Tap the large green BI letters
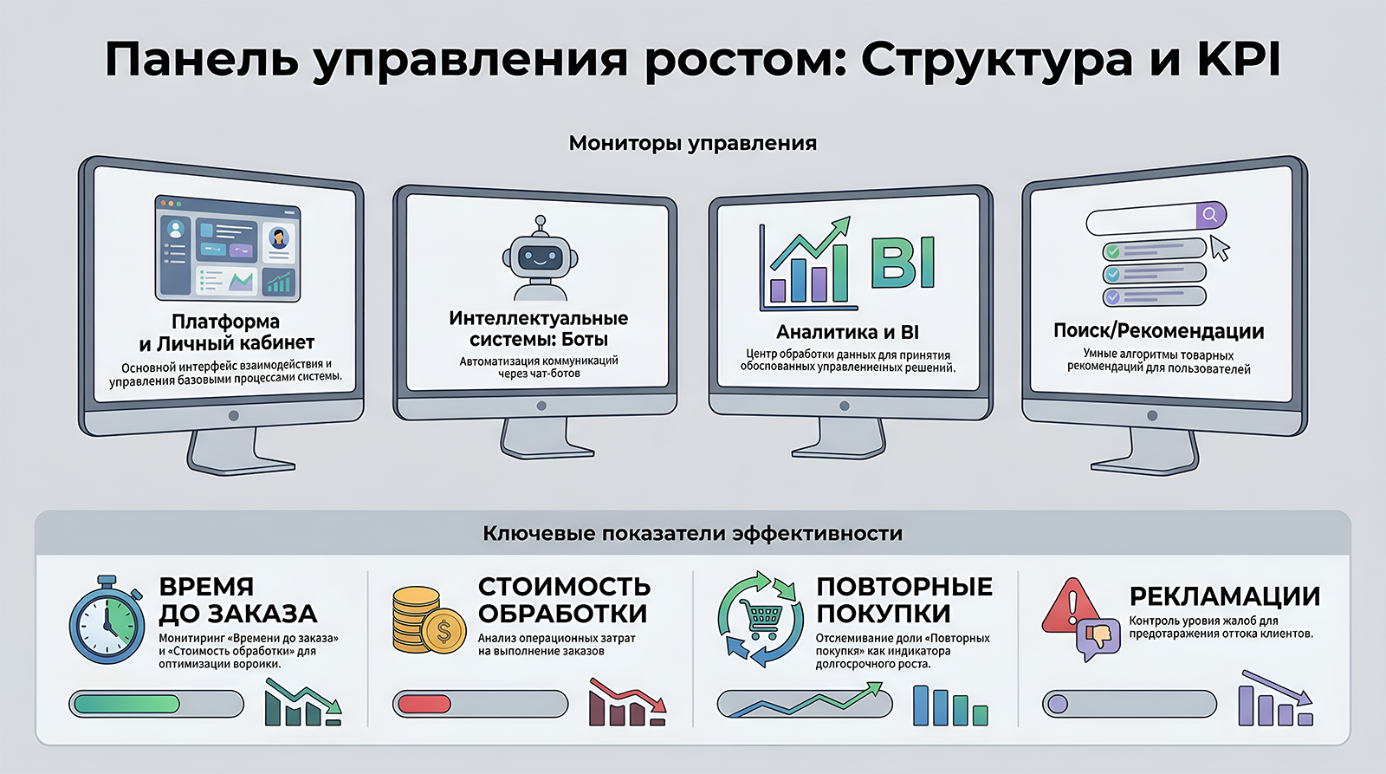pyautogui.click(x=903, y=263)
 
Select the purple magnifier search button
pyautogui.click(x=1210, y=215)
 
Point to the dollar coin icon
pyautogui.click(x=443, y=631)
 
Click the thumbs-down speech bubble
pyautogui.click(x=1098, y=638)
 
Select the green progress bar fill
pyautogui.click(x=126, y=704)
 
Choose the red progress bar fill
pyautogui.click(x=424, y=704)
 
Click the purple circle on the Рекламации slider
pyautogui.click(x=1058, y=704)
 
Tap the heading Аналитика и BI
pyautogui.click(x=847, y=333)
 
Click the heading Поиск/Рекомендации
pyautogui.click(x=1158, y=330)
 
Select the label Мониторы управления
pyautogui.click(x=692, y=143)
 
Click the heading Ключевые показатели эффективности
pyautogui.click(x=692, y=533)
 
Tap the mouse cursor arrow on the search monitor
pyautogui.click(x=1220, y=248)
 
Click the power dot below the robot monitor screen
pyautogui.click(x=541, y=407)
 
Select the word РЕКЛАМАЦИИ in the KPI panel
pyautogui.click(x=1225, y=596)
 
